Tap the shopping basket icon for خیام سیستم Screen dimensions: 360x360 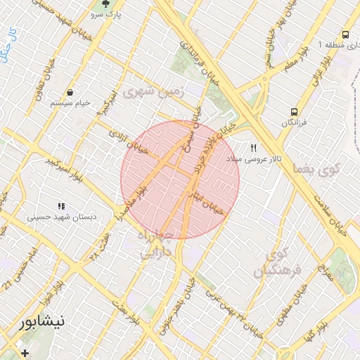coord(70,92)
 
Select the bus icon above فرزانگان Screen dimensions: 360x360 coord(294,112)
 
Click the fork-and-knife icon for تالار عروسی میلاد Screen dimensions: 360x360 coord(254,148)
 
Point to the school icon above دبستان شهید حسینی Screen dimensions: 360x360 coord(61,206)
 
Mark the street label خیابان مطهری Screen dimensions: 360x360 coord(301,300)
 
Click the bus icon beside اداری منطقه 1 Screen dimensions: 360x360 coord(345,34)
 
